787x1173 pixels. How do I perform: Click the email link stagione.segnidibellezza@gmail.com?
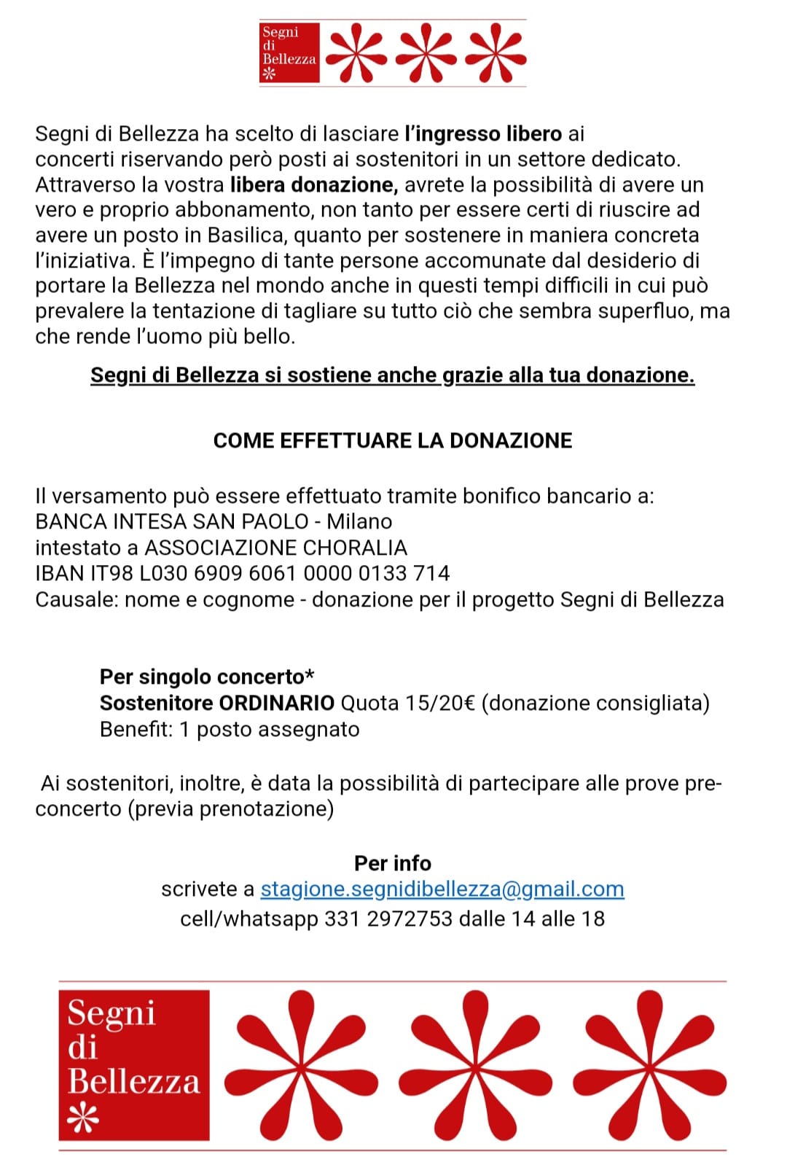pyautogui.click(x=442, y=889)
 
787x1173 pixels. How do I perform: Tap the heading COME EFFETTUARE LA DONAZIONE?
pyautogui.click(x=393, y=441)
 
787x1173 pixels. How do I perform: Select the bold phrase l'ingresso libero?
pyautogui.click(x=483, y=134)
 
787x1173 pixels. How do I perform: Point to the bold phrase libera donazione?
pyautogui.click(x=314, y=185)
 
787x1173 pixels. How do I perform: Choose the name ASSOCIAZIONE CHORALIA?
pyautogui.click(x=276, y=547)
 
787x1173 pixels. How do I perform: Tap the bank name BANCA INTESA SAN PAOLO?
pyautogui.click(x=172, y=522)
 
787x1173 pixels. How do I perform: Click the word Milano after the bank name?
pyautogui.click(x=359, y=522)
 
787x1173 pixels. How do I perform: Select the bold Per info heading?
pyautogui.click(x=393, y=863)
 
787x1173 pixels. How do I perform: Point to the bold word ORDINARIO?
pyautogui.click(x=277, y=704)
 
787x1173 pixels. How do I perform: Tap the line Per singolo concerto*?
pyautogui.click(x=207, y=677)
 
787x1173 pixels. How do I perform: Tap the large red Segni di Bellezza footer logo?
pyautogui.click(x=134, y=1065)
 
